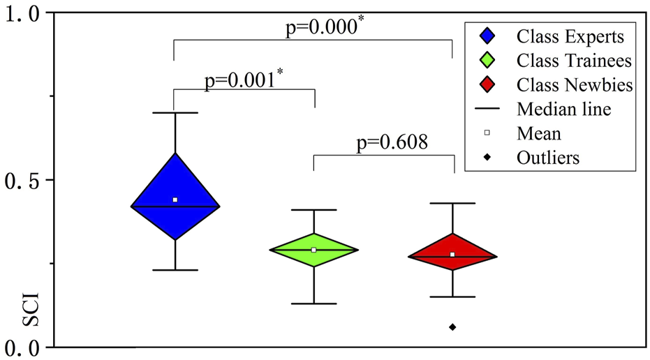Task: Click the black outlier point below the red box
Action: tap(452, 327)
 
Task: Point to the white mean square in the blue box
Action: tap(175, 200)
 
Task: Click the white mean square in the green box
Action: tap(313, 250)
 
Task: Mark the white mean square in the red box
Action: tap(452, 255)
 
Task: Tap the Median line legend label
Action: tap(564, 109)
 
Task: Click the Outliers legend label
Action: tap(548, 157)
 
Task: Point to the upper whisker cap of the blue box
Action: tap(175, 112)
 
